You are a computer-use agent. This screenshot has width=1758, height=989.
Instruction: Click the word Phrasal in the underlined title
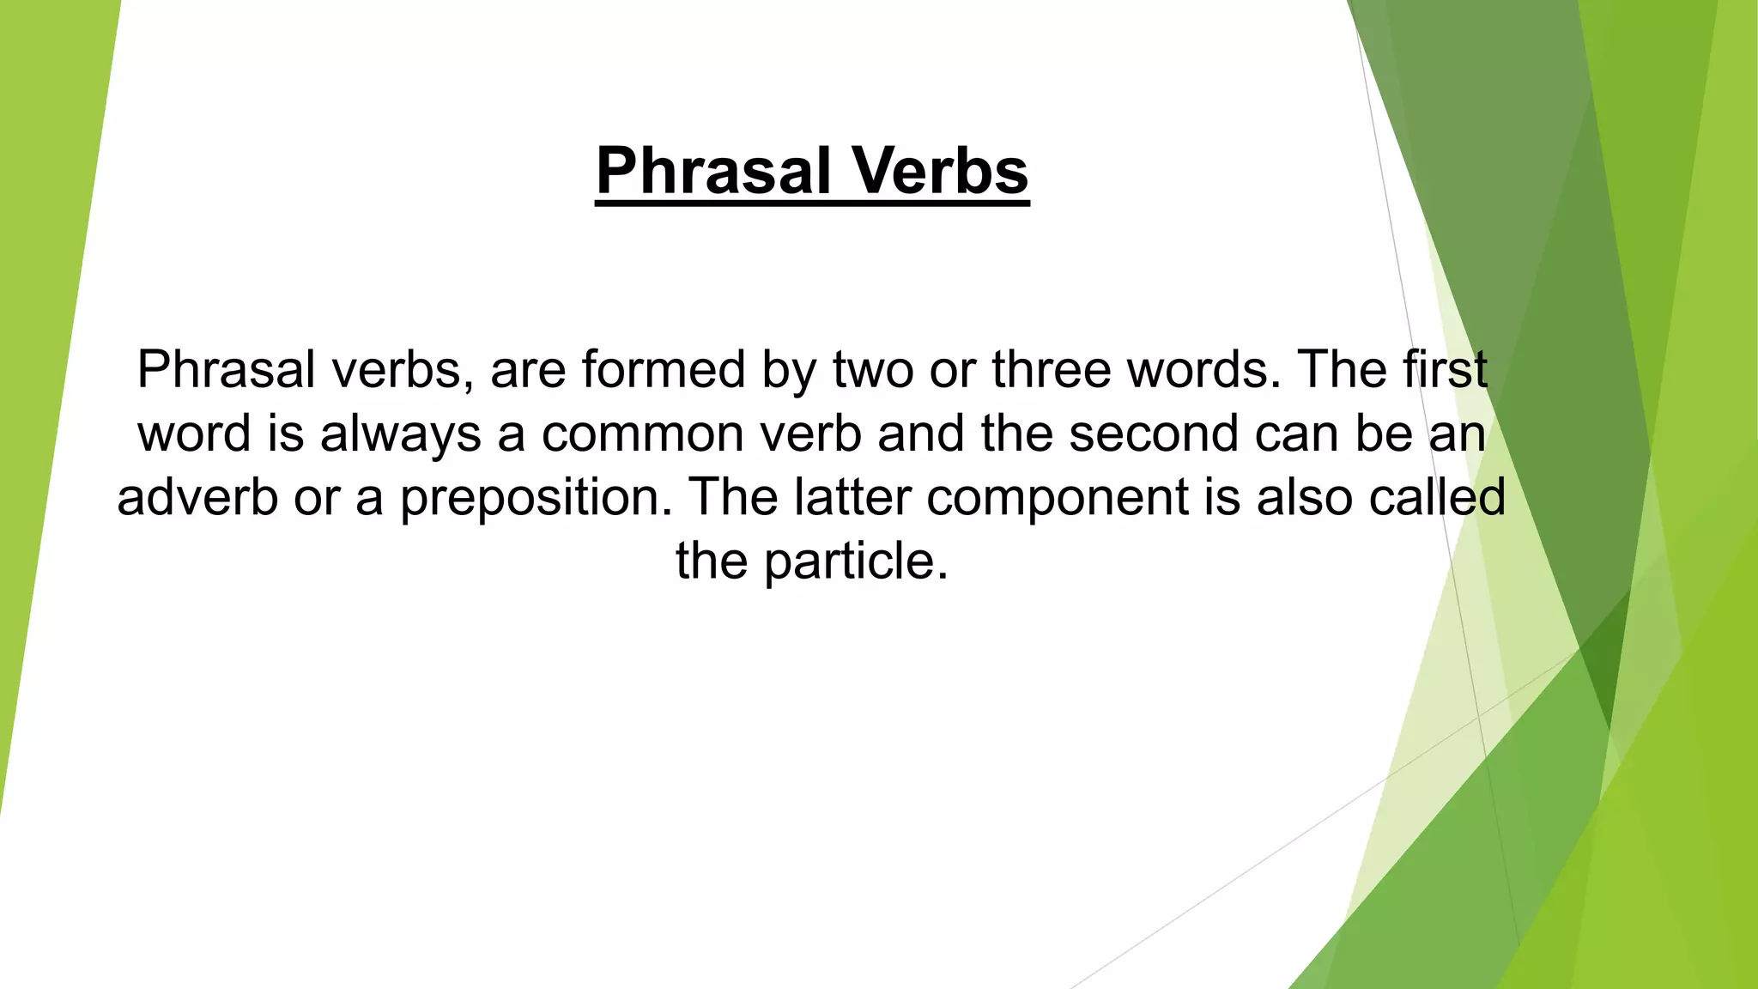coord(713,171)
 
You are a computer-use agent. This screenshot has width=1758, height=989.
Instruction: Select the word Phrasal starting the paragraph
coord(226,370)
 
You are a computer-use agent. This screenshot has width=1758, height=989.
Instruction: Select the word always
coord(401,434)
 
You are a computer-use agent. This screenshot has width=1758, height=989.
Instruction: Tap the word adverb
coord(197,497)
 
